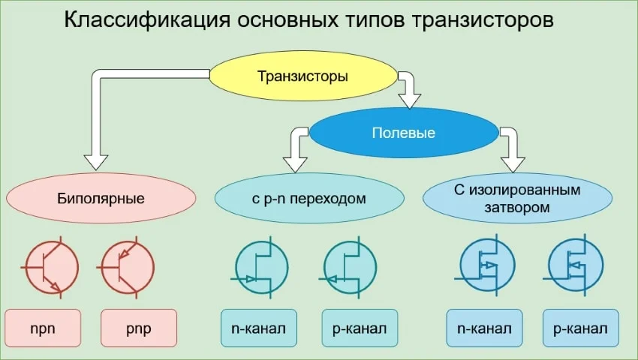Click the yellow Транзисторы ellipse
[302, 76]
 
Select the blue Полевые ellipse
[404, 133]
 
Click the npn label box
[44, 328]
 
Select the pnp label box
[139, 328]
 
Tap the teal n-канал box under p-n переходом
[259, 328]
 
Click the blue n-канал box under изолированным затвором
[484, 328]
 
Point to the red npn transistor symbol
[51, 267]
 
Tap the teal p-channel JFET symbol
[350, 267]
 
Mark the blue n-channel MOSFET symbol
[486, 267]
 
